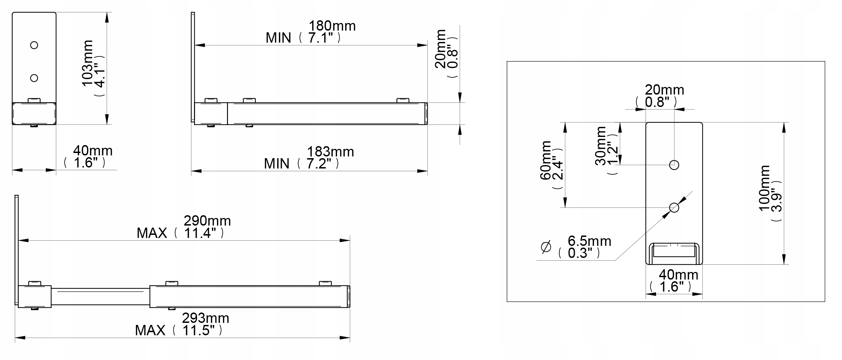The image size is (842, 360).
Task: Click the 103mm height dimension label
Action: (x=87, y=63)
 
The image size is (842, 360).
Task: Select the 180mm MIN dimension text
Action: (x=332, y=26)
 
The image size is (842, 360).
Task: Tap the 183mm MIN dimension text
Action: (x=330, y=152)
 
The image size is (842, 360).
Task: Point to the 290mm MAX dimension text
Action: (x=207, y=221)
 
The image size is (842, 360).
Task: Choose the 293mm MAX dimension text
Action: (x=205, y=318)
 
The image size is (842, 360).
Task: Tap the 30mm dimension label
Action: (x=601, y=146)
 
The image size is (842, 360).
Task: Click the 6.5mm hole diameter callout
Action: (x=589, y=241)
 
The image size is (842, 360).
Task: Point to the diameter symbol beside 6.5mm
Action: (x=546, y=247)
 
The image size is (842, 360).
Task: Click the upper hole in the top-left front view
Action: (x=34, y=45)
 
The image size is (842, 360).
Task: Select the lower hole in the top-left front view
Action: (x=34, y=78)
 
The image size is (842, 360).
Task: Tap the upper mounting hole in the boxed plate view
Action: (x=674, y=165)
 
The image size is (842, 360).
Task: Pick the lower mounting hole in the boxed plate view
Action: (x=674, y=208)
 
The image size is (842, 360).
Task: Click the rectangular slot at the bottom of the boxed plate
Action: (x=674, y=251)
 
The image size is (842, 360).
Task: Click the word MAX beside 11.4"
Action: (x=152, y=233)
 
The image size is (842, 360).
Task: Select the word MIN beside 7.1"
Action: (x=278, y=38)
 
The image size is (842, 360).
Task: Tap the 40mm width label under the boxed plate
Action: (x=678, y=275)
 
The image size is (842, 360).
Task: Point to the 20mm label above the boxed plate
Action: (x=664, y=90)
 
